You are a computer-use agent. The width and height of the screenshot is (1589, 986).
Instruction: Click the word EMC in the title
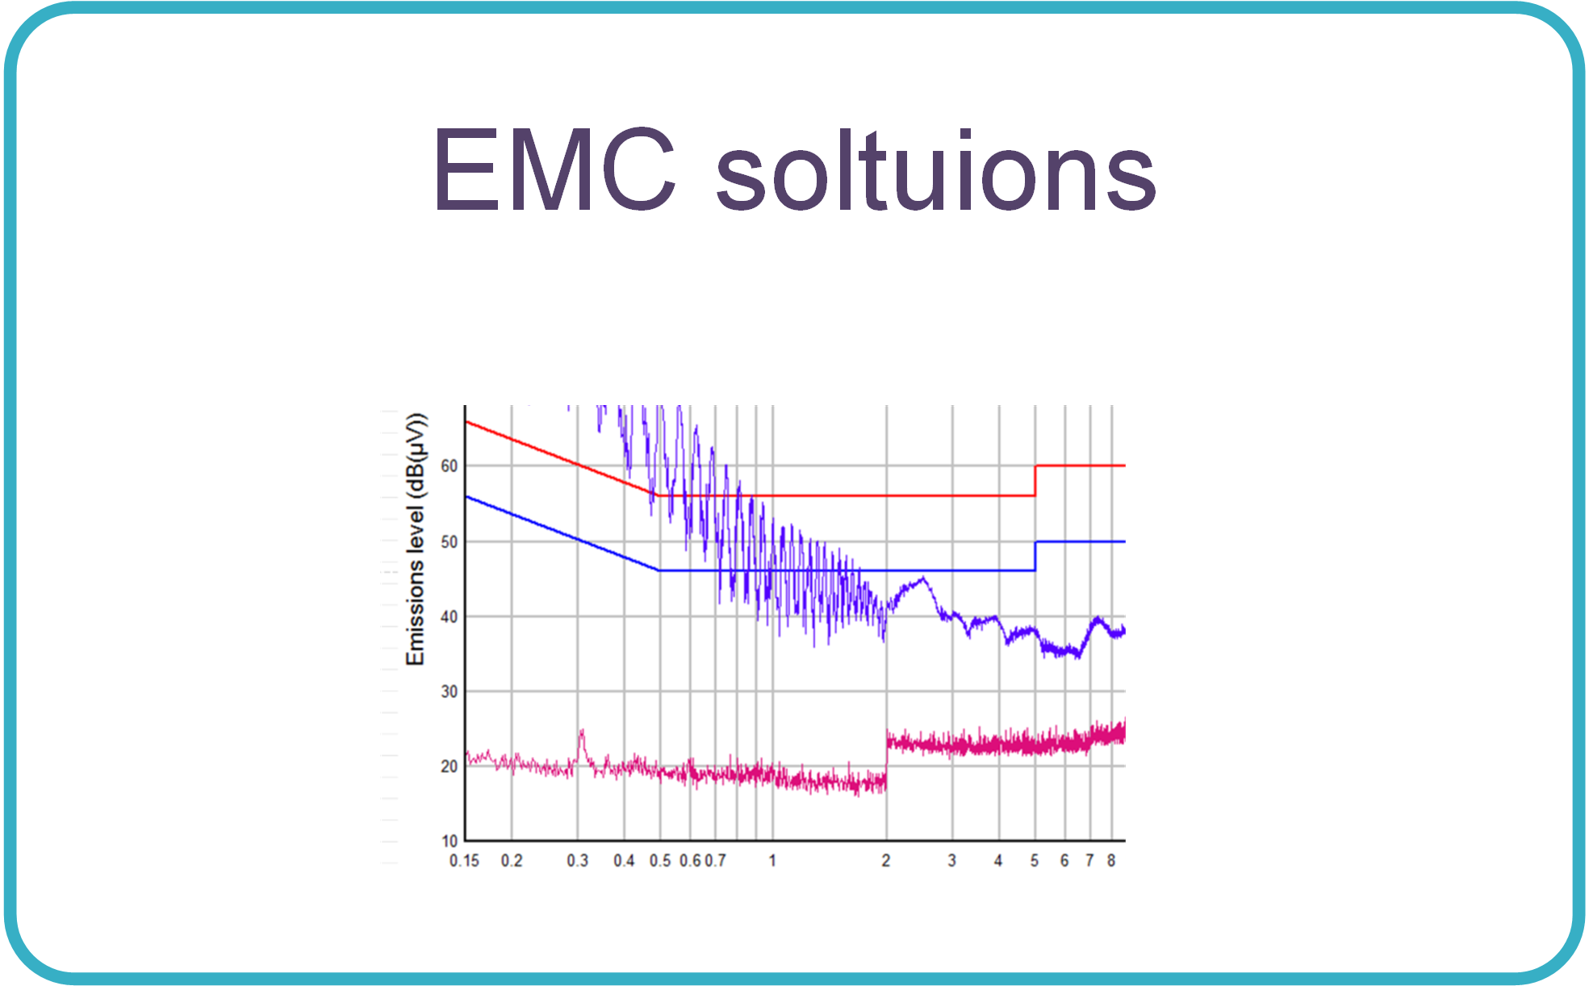(554, 169)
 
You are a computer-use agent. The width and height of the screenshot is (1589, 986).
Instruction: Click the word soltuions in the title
(936, 169)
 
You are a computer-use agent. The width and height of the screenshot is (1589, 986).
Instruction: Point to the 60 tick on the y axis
(450, 466)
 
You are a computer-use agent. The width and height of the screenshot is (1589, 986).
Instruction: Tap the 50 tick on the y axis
(450, 541)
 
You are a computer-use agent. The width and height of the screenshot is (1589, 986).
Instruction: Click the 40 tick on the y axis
(450, 616)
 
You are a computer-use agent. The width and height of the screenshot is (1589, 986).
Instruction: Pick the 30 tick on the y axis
(450, 691)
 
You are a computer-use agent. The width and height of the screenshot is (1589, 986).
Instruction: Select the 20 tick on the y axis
(450, 767)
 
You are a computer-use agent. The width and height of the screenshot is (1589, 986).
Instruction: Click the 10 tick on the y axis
(450, 841)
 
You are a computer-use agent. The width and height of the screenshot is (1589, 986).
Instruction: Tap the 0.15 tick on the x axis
(464, 861)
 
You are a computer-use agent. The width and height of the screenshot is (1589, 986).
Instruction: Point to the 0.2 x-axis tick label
(512, 861)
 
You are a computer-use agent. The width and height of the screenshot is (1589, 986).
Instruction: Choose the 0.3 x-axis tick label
(578, 861)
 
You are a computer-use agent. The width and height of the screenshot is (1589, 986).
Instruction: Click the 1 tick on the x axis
(772, 861)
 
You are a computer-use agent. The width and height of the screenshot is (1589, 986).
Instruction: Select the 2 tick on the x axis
(886, 861)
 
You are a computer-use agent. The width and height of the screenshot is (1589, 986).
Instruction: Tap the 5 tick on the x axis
(1035, 861)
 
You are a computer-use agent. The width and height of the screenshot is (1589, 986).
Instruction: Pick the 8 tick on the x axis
(1111, 861)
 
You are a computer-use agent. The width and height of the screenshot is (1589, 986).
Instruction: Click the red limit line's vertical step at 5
(1035, 481)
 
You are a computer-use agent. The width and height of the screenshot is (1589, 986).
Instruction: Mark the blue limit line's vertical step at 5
(1035, 556)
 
